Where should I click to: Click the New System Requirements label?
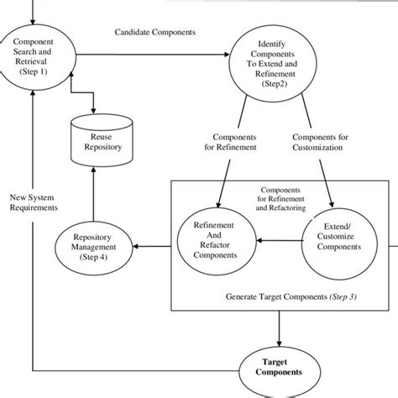[x=34, y=202]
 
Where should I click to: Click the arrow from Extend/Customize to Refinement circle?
[x=279, y=239]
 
